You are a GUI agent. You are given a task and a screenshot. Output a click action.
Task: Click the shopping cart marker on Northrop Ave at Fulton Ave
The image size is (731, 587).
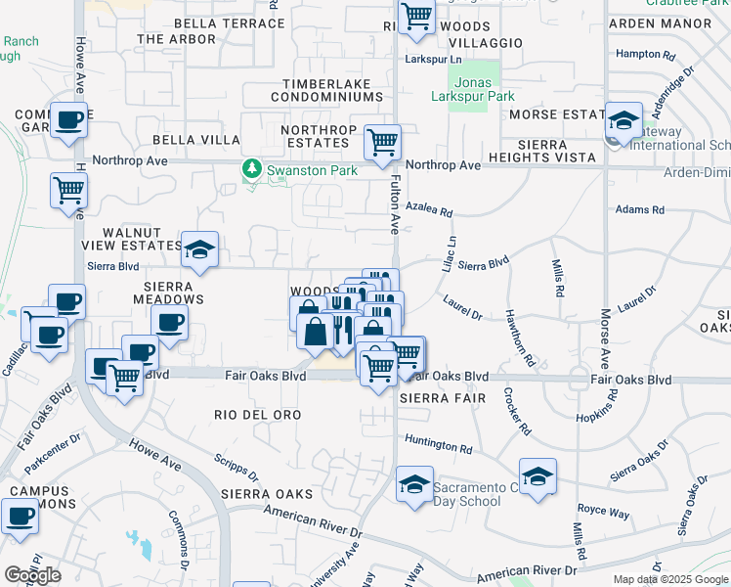pyautogui.click(x=382, y=142)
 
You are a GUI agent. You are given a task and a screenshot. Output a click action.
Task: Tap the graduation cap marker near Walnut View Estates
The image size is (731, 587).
pyautogui.click(x=199, y=249)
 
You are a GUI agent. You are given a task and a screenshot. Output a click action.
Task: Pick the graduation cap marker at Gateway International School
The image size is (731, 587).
pyautogui.click(x=623, y=121)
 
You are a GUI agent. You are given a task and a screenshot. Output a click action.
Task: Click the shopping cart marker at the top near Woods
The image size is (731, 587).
pyautogui.click(x=417, y=18)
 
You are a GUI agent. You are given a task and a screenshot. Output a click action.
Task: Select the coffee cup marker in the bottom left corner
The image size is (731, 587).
pyautogui.click(x=19, y=516)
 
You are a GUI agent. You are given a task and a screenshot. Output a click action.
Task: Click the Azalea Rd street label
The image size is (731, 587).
pyautogui.click(x=430, y=211)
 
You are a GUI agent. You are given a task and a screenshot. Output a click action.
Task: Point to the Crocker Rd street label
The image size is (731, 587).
pyautogui.click(x=517, y=411)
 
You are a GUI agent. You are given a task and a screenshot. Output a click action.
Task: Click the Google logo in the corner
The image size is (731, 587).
pyautogui.click(x=32, y=575)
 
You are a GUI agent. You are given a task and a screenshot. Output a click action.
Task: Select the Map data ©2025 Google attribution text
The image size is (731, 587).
pyautogui.click(x=669, y=579)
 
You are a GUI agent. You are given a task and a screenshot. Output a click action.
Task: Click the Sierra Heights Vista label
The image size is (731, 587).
pyautogui.click(x=556, y=151)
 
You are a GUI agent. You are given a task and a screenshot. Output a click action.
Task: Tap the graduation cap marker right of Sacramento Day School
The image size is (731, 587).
pyautogui.click(x=537, y=477)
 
